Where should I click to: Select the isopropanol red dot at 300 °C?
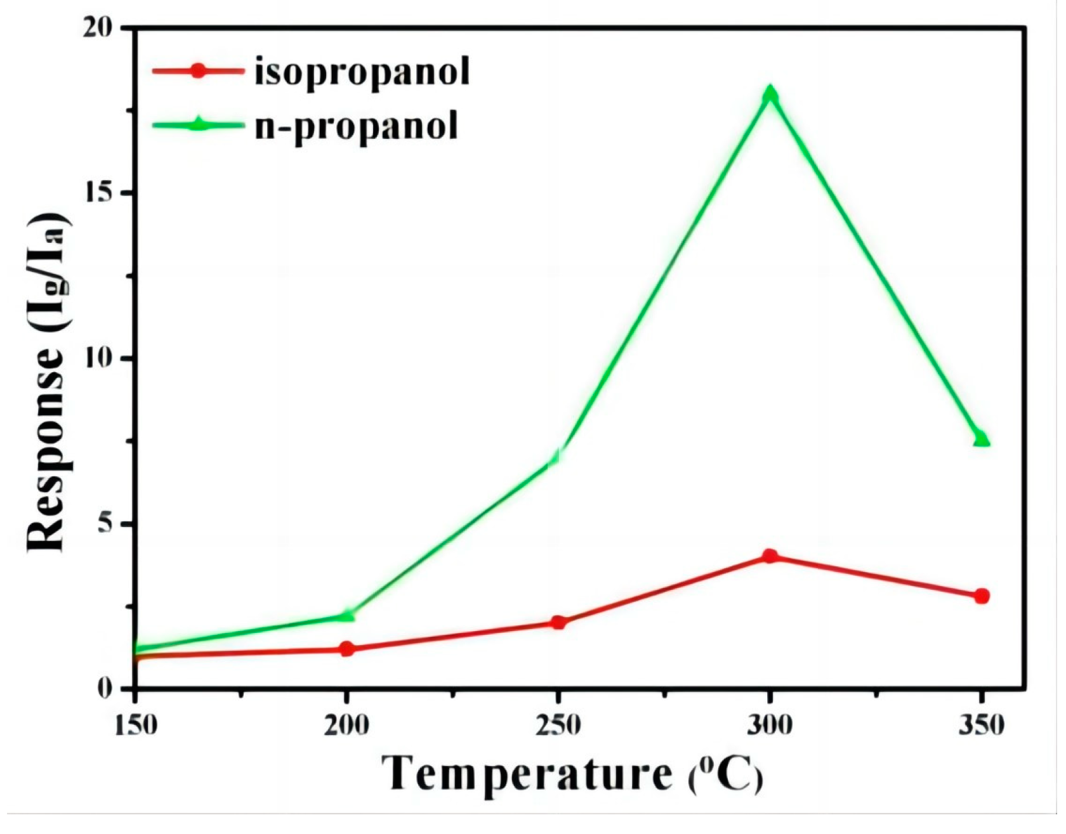point(770,556)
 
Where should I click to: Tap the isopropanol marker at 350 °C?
point(982,596)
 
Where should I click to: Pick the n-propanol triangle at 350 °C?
point(982,438)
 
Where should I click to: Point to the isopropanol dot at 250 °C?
point(558,622)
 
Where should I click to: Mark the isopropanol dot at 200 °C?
point(346,649)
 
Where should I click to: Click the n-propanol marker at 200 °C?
point(346,615)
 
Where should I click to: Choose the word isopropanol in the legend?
point(362,72)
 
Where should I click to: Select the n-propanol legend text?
point(356,126)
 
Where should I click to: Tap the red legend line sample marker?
point(198,70)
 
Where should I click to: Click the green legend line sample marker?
point(198,124)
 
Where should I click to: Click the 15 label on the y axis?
point(99,193)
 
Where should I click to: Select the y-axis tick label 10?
point(99,358)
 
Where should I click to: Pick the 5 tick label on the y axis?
point(105,524)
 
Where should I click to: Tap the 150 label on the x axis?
point(135,724)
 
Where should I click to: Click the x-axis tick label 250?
point(558,724)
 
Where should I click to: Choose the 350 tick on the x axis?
point(982,724)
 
